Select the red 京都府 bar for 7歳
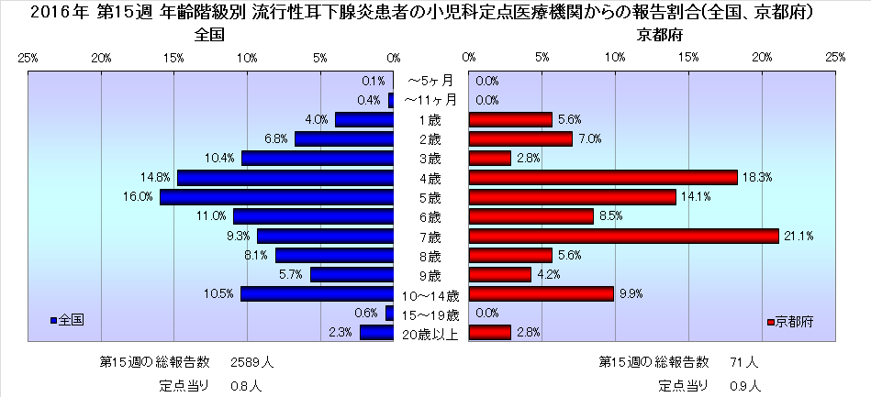tap(623, 236)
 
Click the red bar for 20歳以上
tap(489, 333)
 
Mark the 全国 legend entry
tap(68, 320)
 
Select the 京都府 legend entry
tap(789, 322)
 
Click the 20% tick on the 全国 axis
tap(102, 58)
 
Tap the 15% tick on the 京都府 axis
tap(688, 58)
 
